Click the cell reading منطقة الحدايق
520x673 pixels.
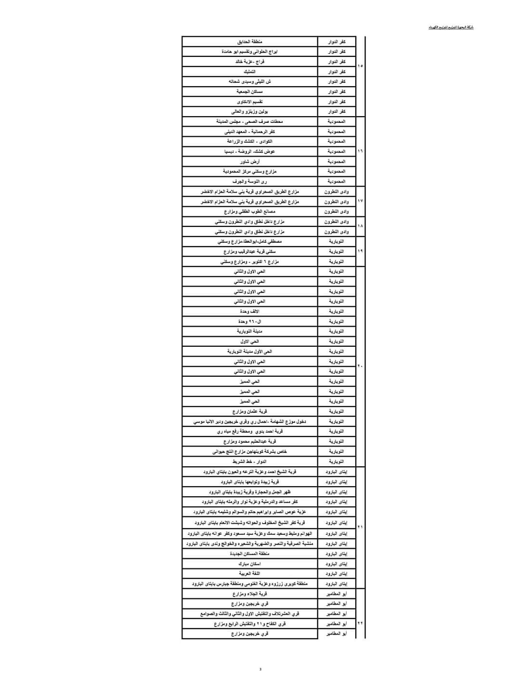coord(249,42)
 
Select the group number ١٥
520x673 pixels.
coord(360,66)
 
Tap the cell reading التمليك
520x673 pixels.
coord(249,72)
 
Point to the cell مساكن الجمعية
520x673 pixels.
coord(249,92)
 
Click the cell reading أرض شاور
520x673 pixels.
coord(249,161)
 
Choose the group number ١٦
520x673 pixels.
coord(360,151)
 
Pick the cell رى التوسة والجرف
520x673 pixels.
coord(249,182)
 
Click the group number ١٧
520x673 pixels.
coord(360,201)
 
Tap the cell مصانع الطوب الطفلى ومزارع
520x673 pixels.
coord(249,211)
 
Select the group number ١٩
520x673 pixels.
coord(360,251)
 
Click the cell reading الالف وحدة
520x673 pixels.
coord(249,311)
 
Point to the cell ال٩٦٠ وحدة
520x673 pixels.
coord(249,321)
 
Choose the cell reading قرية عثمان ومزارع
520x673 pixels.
coord(249,411)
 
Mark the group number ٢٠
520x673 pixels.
coord(360,366)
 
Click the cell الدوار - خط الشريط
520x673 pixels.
coord(249,462)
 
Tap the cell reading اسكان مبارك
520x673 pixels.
coord(249,564)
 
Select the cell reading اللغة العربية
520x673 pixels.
coord(249,574)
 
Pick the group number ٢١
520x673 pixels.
coord(360,527)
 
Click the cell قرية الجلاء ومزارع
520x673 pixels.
coord(249,594)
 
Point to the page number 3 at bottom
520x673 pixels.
coord(260,669)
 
